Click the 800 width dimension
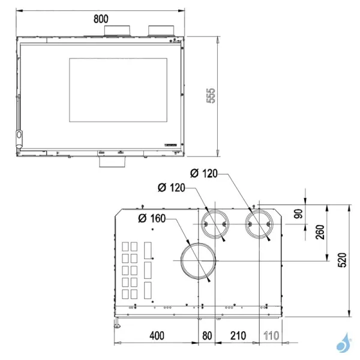tap(101, 18)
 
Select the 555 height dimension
tap(211, 96)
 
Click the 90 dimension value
tap(298, 213)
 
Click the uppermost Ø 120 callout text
tap(203, 174)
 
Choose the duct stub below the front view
tap(112, 160)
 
